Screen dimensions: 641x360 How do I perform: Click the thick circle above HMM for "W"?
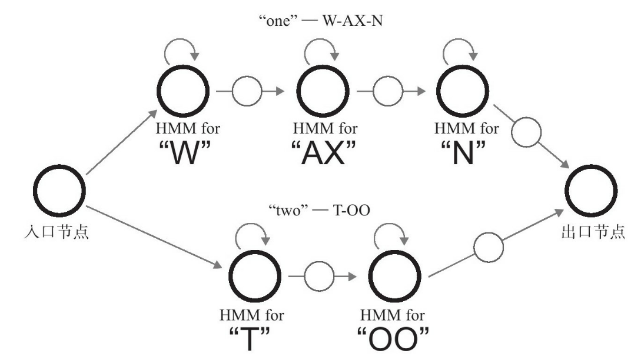point(182,92)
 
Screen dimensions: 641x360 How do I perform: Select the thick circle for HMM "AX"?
point(322,92)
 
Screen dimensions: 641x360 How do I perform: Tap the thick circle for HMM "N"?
point(461,92)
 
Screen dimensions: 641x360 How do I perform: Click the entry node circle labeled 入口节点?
point(59,192)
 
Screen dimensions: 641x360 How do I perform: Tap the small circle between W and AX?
point(246,92)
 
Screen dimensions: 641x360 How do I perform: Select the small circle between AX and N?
point(388,92)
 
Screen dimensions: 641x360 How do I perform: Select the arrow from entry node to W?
point(121,144)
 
